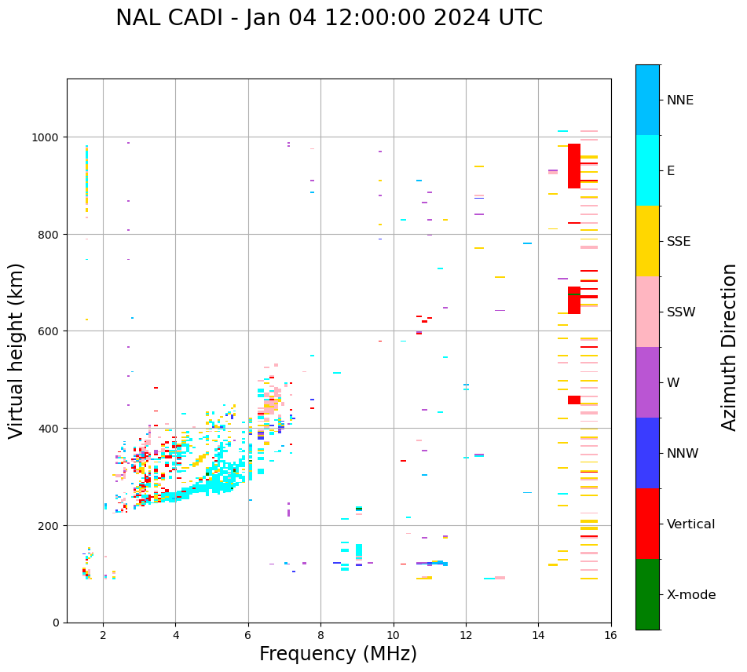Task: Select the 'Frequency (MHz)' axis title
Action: [338, 654]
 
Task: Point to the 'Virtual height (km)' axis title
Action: [16, 350]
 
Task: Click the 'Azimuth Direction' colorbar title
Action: [730, 347]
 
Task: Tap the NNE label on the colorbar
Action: [680, 100]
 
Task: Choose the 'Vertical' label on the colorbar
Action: [690, 524]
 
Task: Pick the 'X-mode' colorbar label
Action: [691, 594]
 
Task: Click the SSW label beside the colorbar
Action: [681, 312]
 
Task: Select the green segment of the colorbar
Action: [647, 594]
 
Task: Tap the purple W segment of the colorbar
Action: [647, 382]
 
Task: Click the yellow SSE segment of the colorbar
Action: [647, 241]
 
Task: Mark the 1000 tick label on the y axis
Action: [47, 137]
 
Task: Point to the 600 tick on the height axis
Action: [50, 331]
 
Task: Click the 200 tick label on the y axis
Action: [50, 525]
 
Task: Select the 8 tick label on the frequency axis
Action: [320, 637]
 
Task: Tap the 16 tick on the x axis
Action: [611, 637]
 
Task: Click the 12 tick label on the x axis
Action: [466, 637]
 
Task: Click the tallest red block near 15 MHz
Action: [574, 166]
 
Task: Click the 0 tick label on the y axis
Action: [57, 623]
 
